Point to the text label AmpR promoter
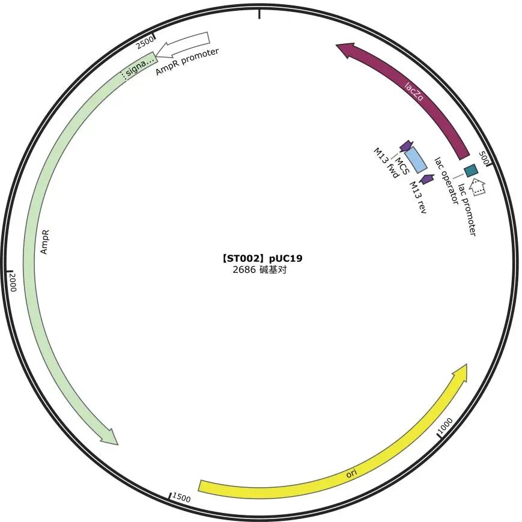tap(187, 61)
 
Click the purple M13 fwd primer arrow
tap(406, 145)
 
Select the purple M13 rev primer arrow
tap(427, 179)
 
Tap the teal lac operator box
tap(471, 170)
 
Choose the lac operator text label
tap(446, 180)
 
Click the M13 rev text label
tap(418, 197)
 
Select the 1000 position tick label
tap(446, 424)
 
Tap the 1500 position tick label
tap(181, 498)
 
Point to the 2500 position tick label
tap(145, 43)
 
